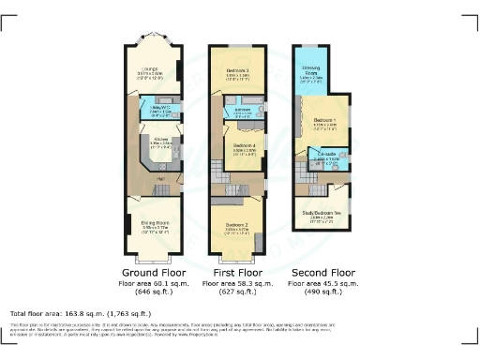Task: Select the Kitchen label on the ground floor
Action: click(160, 141)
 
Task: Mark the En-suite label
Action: click(327, 157)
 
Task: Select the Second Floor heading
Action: click(322, 273)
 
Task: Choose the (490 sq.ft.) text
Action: click(322, 291)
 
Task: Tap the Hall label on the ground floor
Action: click(160, 177)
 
